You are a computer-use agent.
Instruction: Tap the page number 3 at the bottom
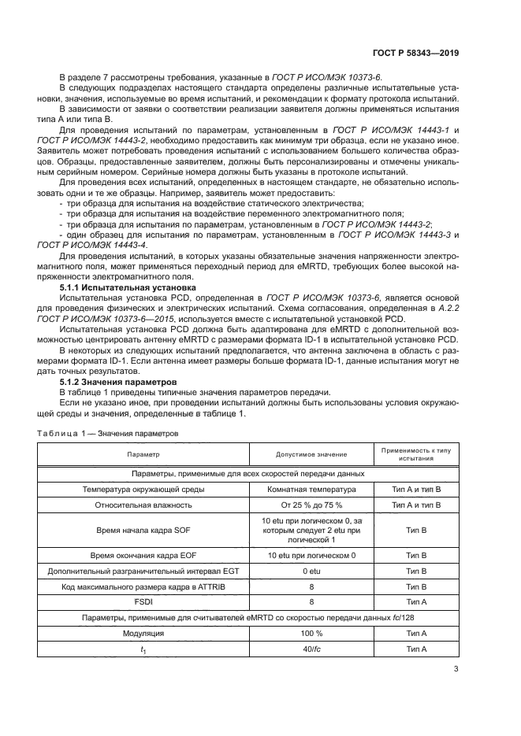456,669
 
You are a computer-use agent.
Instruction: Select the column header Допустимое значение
311,455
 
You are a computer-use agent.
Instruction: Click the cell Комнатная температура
311,490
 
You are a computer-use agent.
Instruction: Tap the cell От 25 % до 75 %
311,506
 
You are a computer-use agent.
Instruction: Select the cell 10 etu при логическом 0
311,556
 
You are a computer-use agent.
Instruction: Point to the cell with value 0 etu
311,571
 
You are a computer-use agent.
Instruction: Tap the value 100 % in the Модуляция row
311,633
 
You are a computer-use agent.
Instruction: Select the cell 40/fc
311,649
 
